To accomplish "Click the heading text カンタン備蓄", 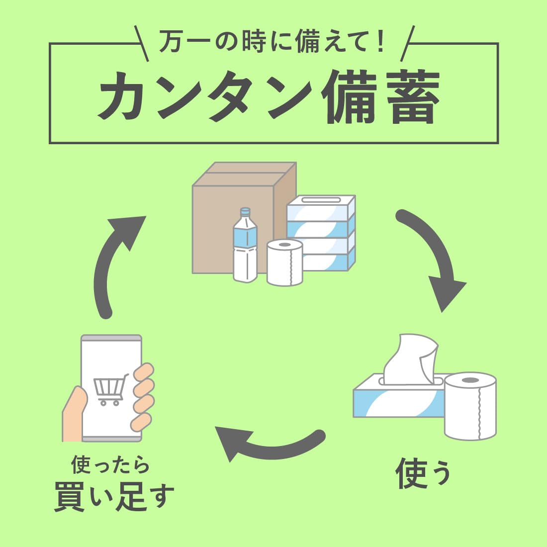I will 269,97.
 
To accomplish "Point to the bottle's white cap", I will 245,212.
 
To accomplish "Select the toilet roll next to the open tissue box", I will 470,405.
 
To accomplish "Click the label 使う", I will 423,472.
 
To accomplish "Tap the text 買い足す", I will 114,496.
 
